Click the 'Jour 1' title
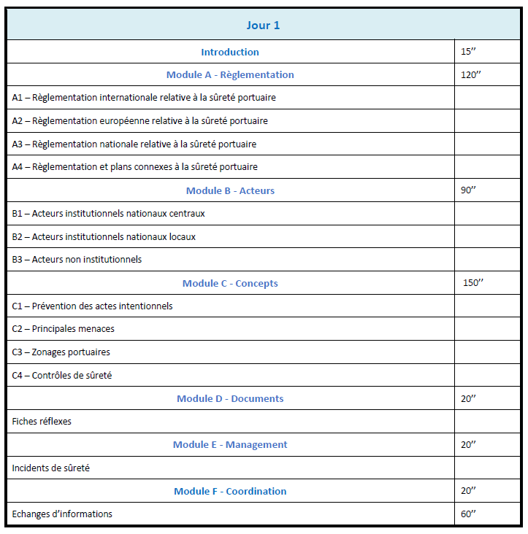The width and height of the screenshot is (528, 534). coord(263,26)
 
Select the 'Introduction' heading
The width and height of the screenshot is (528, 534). coord(230,52)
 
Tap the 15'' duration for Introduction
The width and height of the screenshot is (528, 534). coord(469,52)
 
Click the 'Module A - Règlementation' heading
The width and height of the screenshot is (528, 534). coord(230,74)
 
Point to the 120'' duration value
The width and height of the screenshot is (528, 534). coord(471,74)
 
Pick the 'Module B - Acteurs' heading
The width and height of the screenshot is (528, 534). coord(230,190)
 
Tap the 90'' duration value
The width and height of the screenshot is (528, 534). coord(469,190)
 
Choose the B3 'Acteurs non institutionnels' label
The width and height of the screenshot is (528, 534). coord(77,260)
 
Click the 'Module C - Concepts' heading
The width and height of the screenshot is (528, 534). coord(230,283)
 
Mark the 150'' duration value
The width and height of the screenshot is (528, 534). coord(473,283)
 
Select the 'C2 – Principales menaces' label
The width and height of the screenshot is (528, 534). coord(63,329)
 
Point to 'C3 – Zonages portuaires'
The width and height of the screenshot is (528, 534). coord(61,352)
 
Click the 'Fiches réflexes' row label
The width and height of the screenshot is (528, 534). coord(42,422)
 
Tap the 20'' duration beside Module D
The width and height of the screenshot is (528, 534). coord(469,398)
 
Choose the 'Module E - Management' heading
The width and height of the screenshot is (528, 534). coord(230,444)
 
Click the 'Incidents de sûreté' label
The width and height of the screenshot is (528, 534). coord(50,468)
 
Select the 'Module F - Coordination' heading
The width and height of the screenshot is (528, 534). coord(230,491)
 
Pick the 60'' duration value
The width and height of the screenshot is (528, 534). coord(469,514)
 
